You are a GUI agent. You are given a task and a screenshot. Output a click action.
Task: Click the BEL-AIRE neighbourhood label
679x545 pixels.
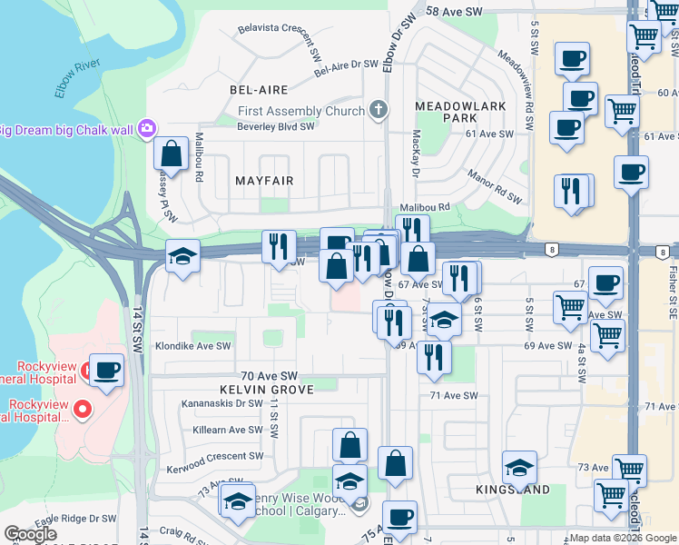point(259,90)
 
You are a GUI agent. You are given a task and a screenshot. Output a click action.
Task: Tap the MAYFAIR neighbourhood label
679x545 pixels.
point(264,181)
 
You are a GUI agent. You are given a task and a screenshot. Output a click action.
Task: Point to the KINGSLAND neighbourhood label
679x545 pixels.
point(513,490)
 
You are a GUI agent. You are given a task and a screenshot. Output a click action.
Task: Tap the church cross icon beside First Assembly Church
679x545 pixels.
point(378,111)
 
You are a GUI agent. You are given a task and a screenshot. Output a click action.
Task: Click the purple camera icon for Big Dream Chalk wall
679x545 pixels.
point(146,128)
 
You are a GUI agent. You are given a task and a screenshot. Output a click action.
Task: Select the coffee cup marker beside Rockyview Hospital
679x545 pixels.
point(107,370)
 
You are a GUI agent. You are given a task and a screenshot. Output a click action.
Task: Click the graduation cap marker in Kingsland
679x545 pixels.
point(519,467)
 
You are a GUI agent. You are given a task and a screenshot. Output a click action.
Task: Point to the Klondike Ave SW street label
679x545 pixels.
point(192,346)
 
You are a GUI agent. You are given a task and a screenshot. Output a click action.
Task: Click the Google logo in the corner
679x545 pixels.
point(30,534)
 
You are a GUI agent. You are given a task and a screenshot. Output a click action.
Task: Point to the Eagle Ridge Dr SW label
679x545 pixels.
point(77,519)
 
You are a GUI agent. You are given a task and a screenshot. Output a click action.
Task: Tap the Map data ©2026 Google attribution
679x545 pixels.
point(623,538)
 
